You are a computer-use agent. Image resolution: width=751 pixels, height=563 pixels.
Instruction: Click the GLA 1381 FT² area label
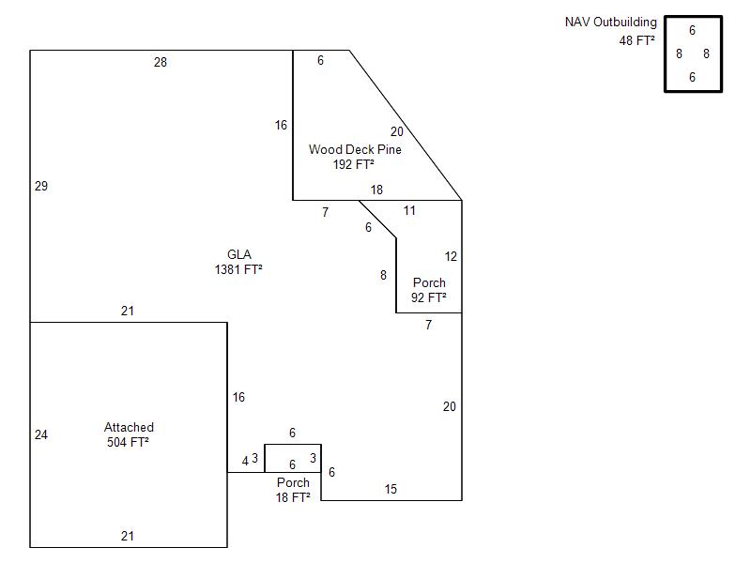tap(238, 262)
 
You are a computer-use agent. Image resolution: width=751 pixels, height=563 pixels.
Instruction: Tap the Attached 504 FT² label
tap(129, 434)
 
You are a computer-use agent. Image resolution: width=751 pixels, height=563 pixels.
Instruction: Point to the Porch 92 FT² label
tap(429, 290)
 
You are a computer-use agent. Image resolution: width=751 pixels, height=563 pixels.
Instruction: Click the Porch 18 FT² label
tap(293, 490)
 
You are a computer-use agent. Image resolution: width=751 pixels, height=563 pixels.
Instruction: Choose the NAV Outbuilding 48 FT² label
tap(611, 31)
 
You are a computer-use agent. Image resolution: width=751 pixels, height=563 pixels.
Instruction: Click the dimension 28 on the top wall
tap(161, 62)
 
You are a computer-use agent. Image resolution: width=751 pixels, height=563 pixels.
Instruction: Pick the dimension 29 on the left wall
tap(41, 186)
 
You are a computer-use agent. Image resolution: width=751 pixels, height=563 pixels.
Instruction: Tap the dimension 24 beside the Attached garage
tap(41, 434)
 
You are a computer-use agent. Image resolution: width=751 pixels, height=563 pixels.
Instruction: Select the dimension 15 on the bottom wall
tap(391, 489)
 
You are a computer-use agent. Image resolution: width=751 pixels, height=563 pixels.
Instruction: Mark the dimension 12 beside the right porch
tap(451, 256)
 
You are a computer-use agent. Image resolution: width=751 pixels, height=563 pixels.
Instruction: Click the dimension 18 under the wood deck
tap(376, 190)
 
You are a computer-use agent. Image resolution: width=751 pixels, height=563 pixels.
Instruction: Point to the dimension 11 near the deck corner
tap(409, 210)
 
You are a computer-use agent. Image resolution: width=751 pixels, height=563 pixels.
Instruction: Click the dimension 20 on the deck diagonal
tap(397, 131)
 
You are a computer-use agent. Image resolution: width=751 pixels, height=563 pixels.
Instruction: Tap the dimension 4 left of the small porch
tap(245, 461)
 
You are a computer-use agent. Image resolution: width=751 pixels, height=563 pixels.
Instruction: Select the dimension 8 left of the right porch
tap(383, 275)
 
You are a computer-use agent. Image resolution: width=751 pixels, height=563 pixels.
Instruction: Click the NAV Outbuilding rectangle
tap(694, 53)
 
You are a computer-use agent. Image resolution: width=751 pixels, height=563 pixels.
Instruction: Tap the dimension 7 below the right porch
tap(428, 325)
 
